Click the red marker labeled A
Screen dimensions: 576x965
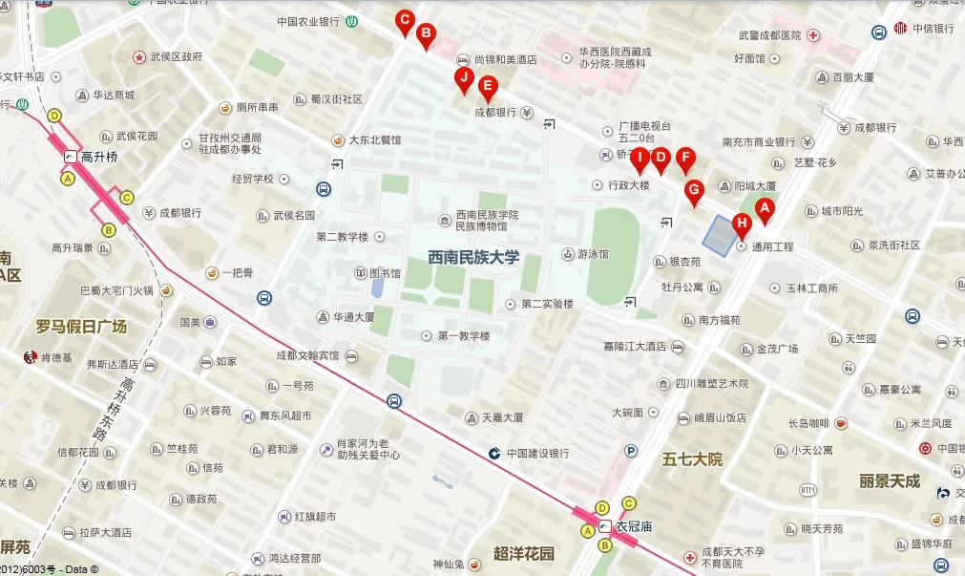(x=763, y=209)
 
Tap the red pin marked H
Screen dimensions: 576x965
(x=742, y=225)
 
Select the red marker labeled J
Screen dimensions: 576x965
(x=464, y=78)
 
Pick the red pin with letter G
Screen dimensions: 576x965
(x=695, y=190)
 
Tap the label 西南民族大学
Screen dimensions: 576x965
(x=473, y=257)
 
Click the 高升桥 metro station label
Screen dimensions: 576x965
(x=98, y=157)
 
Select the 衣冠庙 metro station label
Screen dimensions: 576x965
(x=634, y=525)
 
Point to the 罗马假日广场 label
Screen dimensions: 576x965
(x=81, y=327)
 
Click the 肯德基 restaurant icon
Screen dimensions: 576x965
(x=29, y=358)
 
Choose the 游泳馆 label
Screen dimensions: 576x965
(x=592, y=254)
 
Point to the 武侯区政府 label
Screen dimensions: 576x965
(x=177, y=57)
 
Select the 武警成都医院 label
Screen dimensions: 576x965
(x=769, y=35)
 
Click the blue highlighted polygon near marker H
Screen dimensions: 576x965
(x=720, y=232)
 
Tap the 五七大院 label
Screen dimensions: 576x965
(x=692, y=459)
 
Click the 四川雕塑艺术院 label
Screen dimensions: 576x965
(x=712, y=383)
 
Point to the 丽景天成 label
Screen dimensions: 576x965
(x=890, y=480)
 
